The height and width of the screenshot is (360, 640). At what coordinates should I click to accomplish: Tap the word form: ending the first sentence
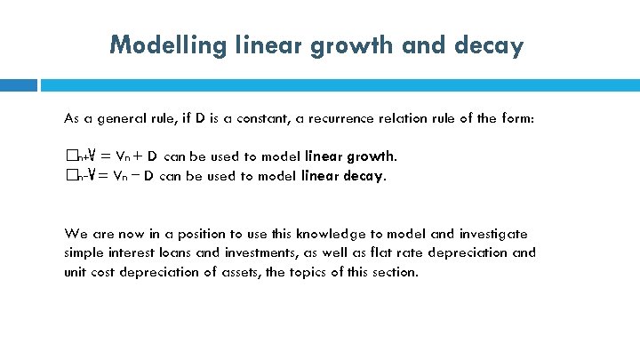[x=516, y=118]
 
